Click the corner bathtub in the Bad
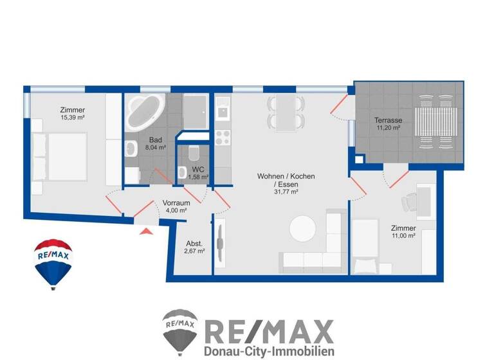(145, 111)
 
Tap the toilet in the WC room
(195, 155)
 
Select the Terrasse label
(389, 120)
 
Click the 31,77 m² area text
(286, 192)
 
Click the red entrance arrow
(147, 230)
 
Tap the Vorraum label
(175, 202)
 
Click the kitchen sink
(223, 110)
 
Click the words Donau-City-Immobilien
(268, 352)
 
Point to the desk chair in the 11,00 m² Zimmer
(410, 203)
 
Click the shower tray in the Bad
(196, 110)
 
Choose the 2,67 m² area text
(195, 251)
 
